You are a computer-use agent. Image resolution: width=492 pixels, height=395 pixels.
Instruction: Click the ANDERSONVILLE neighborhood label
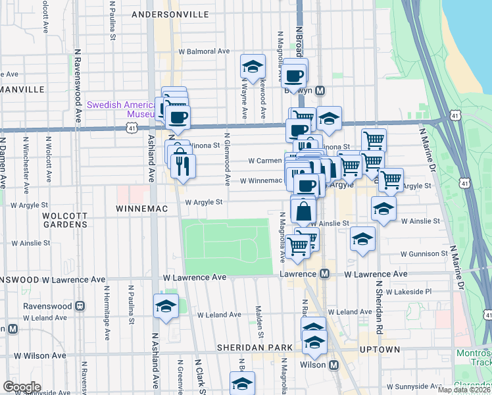pyautogui.click(x=170, y=14)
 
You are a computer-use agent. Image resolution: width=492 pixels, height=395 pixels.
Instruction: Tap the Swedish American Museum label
pyautogui.click(x=122, y=109)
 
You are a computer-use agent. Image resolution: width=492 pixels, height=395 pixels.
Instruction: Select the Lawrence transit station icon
pyautogui.click(x=324, y=274)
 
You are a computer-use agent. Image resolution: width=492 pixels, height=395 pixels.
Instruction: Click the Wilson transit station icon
pyautogui.click(x=333, y=365)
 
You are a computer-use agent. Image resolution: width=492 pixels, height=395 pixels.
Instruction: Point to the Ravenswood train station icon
pyautogui.click(x=80, y=306)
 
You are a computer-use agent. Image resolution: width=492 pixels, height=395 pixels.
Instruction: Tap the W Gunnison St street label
pyautogui.click(x=425, y=253)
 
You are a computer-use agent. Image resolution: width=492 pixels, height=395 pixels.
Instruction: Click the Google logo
pyautogui.click(x=22, y=387)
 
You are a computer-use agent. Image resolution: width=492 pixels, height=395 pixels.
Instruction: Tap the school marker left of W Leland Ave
pyautogui.click(x=166, y=306)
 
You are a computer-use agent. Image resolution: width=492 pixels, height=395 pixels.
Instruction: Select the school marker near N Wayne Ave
pyautogui.click(x=251, y=66)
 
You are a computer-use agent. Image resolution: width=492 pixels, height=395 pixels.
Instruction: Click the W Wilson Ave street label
pyautogui.click(x=40, y=355)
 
